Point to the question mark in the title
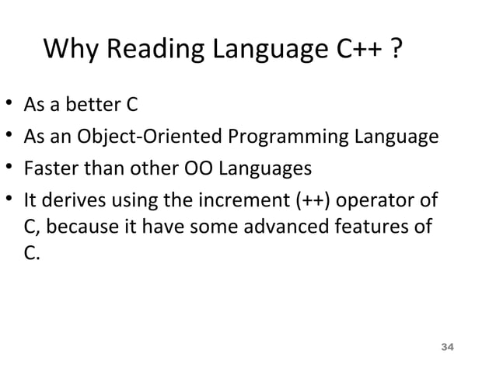(x=397, y=52)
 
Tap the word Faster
(x=51, y=169)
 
